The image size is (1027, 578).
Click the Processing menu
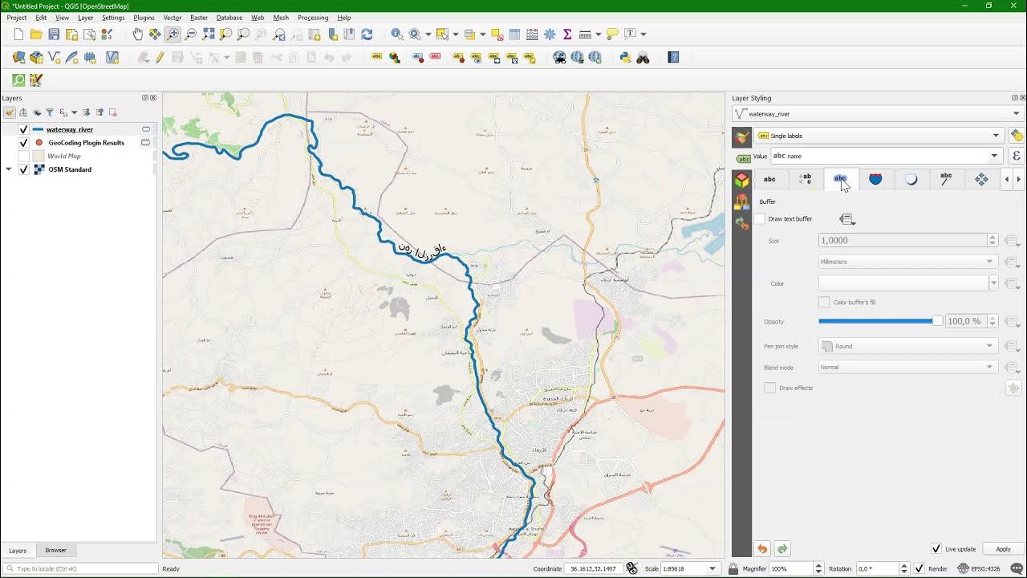click(312, 18)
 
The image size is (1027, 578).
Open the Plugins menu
click(144, 18)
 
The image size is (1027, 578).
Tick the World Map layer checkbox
click(23, 156)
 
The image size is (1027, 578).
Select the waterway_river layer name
click(70, 129)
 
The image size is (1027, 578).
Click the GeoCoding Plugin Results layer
click(86, 143)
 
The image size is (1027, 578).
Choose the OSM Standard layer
click(70, 169)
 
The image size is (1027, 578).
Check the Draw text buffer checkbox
click(761, 219)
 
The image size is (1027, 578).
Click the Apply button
click(1003, 549)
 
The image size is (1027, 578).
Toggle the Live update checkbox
click(936, 549)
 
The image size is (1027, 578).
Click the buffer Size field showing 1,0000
click(902, 240)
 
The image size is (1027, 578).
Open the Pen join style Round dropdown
click(907, 346)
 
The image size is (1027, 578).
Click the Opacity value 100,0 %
click(964, 321)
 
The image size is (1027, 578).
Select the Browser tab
click(55, 551)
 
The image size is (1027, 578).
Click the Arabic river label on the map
click(422, 250)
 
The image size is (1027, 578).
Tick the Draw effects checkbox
click(770, 388)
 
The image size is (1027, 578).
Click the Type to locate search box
click(80, 568)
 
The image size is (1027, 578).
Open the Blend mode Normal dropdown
click(907, 367)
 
